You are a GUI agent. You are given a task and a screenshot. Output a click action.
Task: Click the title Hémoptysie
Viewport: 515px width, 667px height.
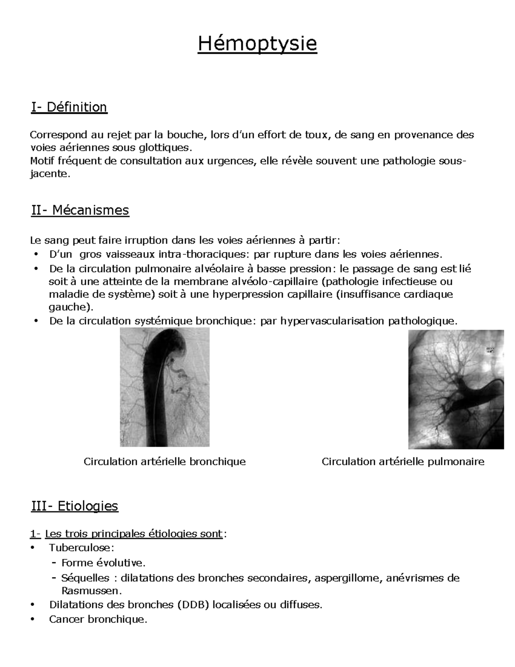tap(257, 44)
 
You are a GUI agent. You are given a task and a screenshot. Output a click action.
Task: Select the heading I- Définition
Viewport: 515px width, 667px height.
tap(69, 107)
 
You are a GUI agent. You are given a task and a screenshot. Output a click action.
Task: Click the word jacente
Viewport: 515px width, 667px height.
tap(49, 174)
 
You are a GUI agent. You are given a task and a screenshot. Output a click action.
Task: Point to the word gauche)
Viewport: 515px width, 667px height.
tap(70, 308)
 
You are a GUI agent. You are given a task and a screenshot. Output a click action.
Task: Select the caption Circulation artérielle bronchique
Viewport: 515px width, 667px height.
tap(164, 462)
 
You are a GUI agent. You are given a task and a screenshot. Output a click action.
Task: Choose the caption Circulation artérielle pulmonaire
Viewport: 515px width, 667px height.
tap(403, 462)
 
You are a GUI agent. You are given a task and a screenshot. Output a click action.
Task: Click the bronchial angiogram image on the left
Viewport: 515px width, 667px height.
tap(164, 387)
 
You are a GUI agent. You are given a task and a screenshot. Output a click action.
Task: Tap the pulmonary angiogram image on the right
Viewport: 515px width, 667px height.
tap(456, 389)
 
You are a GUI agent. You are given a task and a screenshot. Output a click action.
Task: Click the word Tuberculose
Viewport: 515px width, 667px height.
tap(81, 548)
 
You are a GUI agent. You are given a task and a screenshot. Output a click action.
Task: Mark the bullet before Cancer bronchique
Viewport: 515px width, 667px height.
tap(34, 620)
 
